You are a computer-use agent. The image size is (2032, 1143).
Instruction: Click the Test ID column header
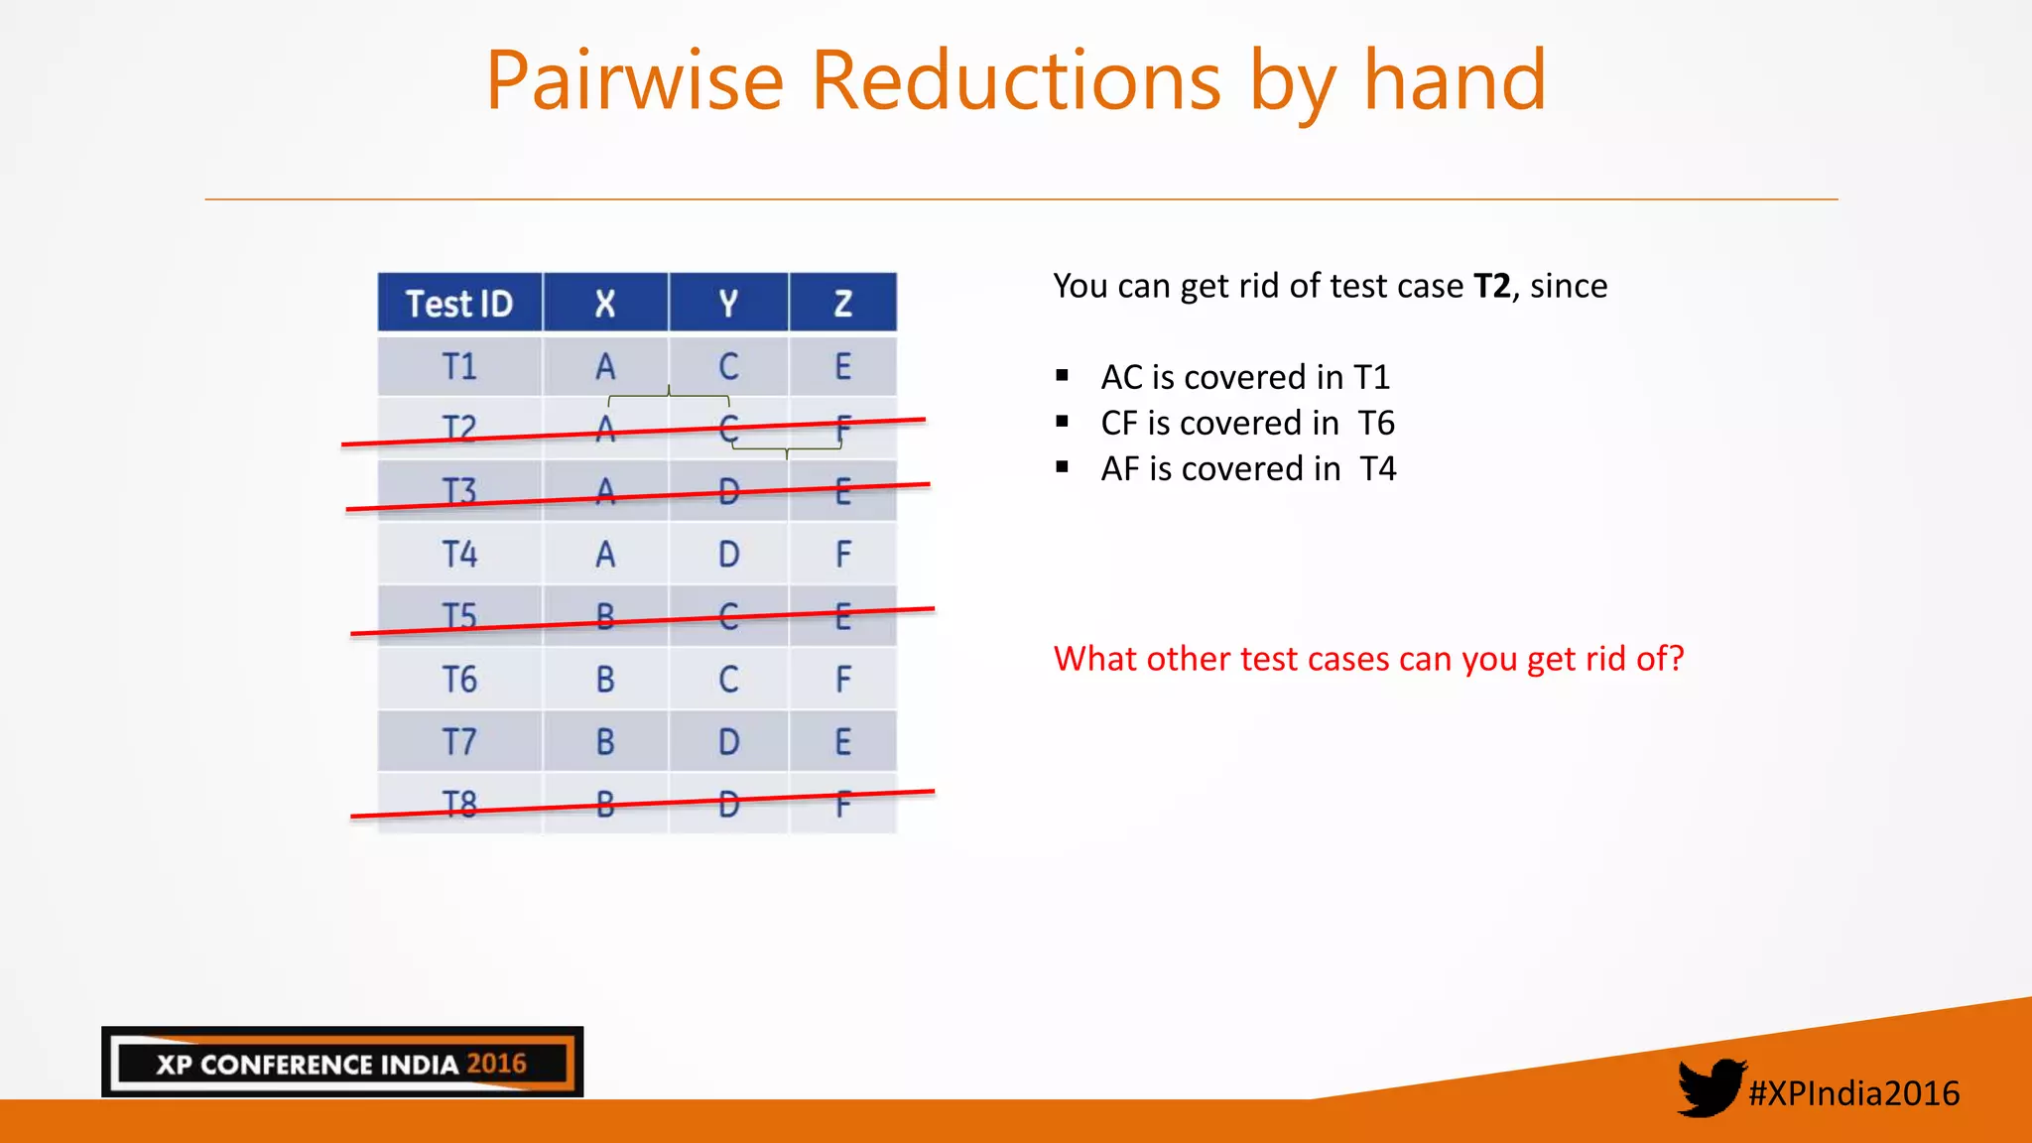coord(459,304)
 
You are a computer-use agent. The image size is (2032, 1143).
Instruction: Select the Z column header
coord(842,304)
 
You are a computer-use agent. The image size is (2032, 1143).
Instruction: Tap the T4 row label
coord(459,554)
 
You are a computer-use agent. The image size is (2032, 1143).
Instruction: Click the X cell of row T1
coord(605,367)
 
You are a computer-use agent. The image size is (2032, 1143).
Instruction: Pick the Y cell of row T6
coord(728,680)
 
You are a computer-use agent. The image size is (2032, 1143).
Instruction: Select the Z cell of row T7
coord(842,742)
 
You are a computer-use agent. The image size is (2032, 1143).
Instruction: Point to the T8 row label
coord(459,804)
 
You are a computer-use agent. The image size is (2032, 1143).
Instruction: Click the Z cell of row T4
coord(842,554)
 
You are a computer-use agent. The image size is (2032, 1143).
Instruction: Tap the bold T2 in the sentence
coord(1491,287)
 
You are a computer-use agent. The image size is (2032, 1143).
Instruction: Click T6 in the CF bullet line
coord(1376,424)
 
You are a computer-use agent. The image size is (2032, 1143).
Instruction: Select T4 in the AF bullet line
coord(1377,469)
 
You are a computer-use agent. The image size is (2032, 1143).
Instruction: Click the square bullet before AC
coord(1063,376)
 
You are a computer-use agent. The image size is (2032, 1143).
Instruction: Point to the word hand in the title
coord(1455,81)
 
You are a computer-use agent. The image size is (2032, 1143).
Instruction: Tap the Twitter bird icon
coord(1710,1087)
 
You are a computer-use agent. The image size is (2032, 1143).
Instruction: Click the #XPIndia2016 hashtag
coord(1853,1093)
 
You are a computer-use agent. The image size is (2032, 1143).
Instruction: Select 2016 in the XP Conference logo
coord(496,1064)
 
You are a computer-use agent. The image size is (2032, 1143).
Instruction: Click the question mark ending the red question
coord(1675,659)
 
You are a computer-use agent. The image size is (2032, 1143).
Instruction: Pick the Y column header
coord(728,304)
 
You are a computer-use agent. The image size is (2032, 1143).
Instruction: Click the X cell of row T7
coord(605,742)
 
